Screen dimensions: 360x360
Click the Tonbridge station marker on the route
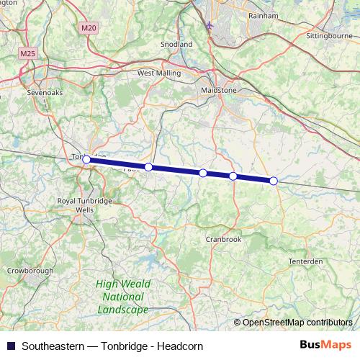pyautogui.click(x=86, y=159)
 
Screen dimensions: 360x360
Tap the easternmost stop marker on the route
pyautogui.click(x=274, y=180)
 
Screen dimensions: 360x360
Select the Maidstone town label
pyautogui.click(x=217, y=91)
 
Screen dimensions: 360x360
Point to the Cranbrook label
pyautogui.click(x=223, y=239)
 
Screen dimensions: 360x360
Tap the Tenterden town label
pyautogui.click(x=306, y=261)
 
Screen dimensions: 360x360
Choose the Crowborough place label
pyautogui.click(x=30, y=271)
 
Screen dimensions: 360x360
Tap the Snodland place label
pyautogui.click(x=177, y=44)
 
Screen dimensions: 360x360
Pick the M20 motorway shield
pyautogui.click(x=89, y=27)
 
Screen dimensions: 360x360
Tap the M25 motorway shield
pyautogui.click(x=28, y=53)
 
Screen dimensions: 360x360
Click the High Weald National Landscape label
pyautogui.click(x=122, y=297)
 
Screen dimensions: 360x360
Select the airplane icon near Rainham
pyautogui.click(x=210, y=27)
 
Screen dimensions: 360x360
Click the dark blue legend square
pyautogui.click(x=11, y=346)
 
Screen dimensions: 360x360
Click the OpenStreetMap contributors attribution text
pyautogui.click(x=297, y=322)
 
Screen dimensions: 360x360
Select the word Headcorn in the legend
pyautogui.click(x=181, y=346)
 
